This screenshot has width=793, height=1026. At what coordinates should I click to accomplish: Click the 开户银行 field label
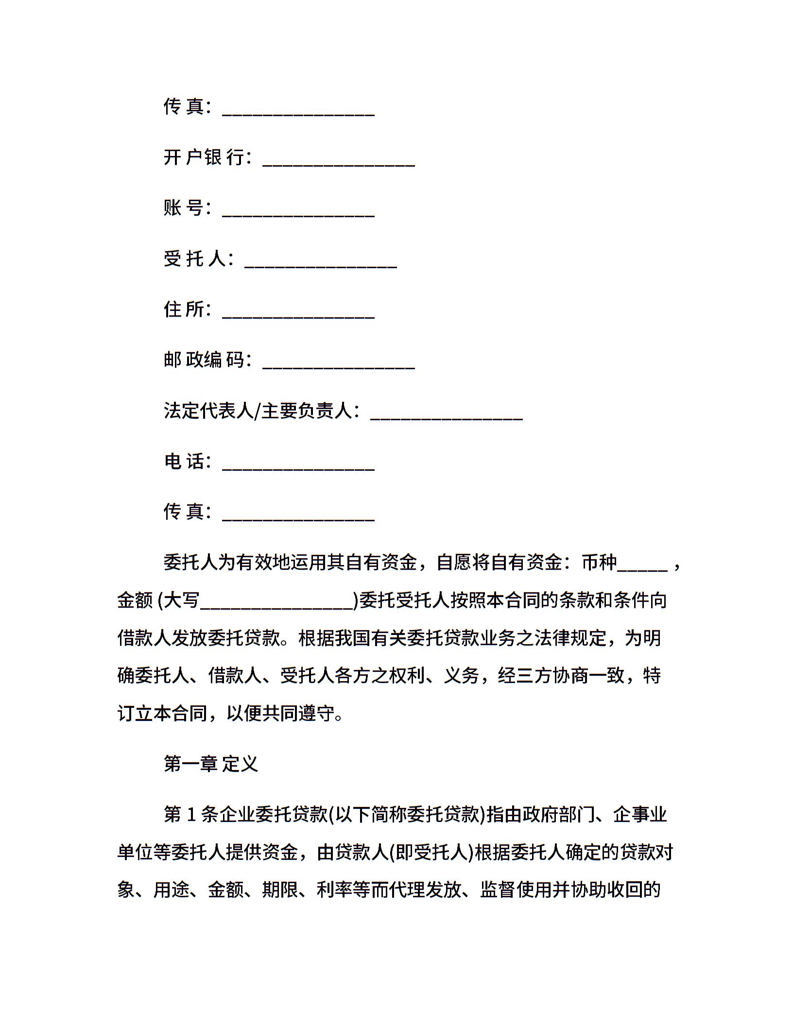pyautogui.click(x=204, y=157)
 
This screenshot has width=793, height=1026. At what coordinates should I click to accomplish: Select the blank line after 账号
pyautogui.click(x=298, y=214)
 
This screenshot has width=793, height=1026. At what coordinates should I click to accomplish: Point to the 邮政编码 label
pyautogui.click(x=204, y=360)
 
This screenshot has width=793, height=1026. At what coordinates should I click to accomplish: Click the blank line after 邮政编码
pyautogui.click(x=338, y=366)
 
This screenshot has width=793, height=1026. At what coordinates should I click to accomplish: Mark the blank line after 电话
pyautogui.click(x=298, y=467)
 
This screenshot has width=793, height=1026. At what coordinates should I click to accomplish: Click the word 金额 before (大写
pyautogui.click(x=135, y=600)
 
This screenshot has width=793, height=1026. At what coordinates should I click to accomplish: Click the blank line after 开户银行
pyautogui.click(x=338, y=164)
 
